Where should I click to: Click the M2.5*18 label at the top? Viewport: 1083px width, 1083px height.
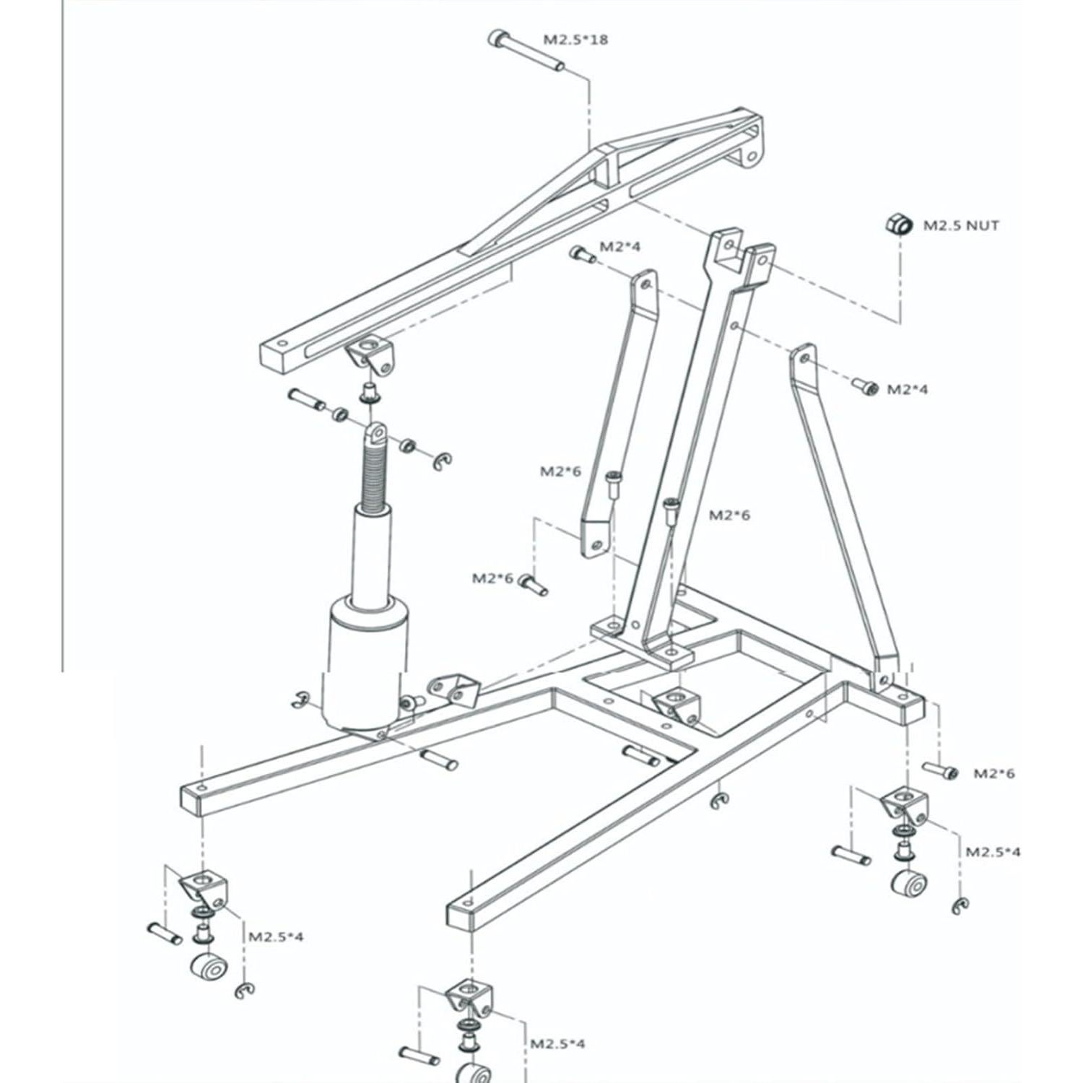pos(575,39)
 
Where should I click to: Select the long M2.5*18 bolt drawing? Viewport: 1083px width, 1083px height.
pos(526,51)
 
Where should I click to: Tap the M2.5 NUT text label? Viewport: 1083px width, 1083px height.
pos(961,225)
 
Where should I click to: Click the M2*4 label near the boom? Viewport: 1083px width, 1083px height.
pos(619,247)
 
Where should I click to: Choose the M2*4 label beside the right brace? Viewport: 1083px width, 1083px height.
pos(907,390)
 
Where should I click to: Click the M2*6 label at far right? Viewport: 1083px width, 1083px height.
pos(993,773)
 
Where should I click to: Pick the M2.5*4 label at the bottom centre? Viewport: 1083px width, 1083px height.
pos(557,1043)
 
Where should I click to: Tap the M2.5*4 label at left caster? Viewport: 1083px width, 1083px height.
pos(276,936)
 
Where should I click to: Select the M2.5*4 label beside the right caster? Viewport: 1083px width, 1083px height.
pos(993,851)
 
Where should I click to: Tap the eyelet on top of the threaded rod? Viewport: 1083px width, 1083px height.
pos(375,433)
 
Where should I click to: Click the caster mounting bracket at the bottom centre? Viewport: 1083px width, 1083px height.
pos(469,997)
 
